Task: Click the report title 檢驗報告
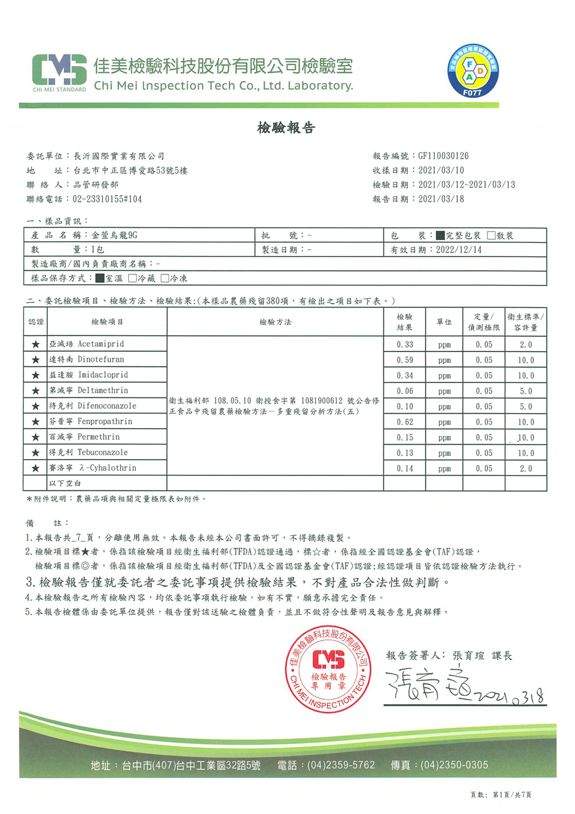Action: coord(286,128)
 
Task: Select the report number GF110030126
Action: coord(443,156)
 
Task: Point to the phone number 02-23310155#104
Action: coord(107,199)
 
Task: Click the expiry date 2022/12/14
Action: coord(459,250)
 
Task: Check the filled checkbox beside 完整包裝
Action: coord(440,235)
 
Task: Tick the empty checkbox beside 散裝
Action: coord(491,235)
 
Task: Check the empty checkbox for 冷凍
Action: coord(165,278)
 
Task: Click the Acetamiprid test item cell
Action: coord(101,344)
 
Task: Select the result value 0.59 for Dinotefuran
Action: coord(405,360)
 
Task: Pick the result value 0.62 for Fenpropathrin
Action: coord(405,422)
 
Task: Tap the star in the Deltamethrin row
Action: coord(36,391)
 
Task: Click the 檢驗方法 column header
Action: coord(275,322)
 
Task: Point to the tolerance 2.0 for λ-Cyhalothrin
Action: coord(526,468)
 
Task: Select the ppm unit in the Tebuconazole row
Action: coord(444,453)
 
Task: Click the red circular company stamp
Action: coord(328,669)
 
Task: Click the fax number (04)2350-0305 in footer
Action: coord(454,765)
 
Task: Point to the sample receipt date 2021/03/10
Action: coord(441,170)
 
